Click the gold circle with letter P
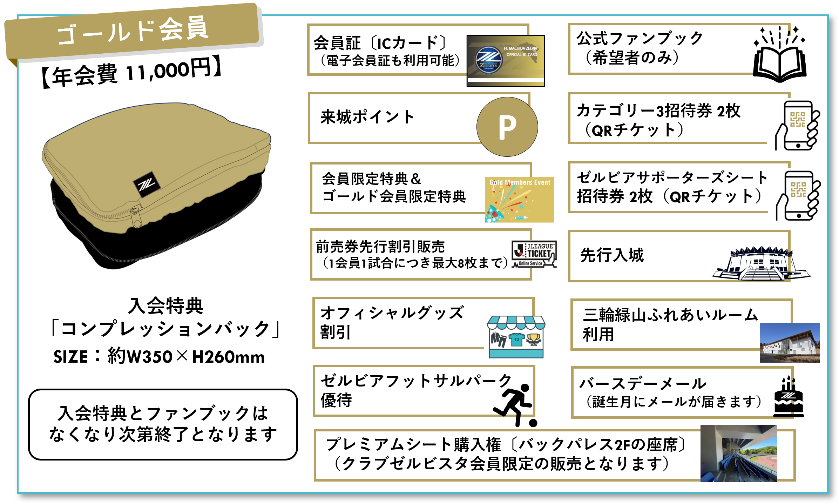coord(507,127)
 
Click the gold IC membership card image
coord(505,61)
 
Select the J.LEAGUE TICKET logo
coord(534,254)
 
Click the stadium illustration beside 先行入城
coord(761,264)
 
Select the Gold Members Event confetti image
coord(519,200)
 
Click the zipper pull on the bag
coord(136,217)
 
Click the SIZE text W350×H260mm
coord(159,357)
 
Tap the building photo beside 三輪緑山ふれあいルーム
coord(789,343)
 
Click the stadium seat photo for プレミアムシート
coord(738,453)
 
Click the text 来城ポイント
coord(367,117)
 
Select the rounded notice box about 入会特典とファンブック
coord(163,424)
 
